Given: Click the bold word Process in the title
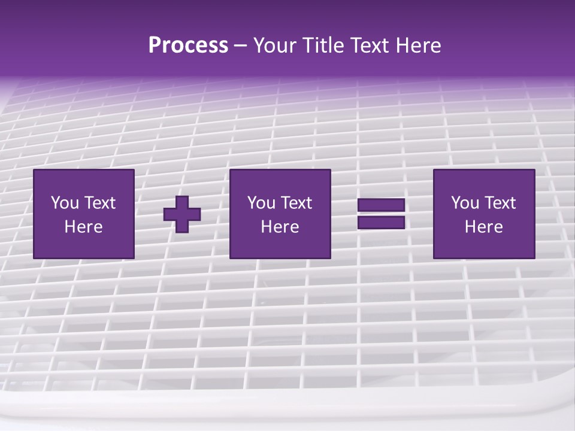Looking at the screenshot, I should point(188,45).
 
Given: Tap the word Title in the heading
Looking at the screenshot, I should point(322,45).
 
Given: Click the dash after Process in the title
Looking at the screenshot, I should point(241,47).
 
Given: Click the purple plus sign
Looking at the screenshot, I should point(182,214).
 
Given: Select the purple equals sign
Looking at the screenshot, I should point(381,214).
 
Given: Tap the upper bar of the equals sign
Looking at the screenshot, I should point(381,205).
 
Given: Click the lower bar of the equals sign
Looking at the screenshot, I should point(381,222).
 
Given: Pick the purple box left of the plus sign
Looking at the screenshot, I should point(83,214).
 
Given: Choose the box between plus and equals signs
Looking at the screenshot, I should point(280,214).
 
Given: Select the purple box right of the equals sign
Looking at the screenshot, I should point(483,214).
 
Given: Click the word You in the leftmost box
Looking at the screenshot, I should point(65,203).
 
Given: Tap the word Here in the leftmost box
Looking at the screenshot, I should point(83,227).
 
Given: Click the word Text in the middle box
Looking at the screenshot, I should point(296,203).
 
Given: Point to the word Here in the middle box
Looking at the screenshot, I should point(280,227).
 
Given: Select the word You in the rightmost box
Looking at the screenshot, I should point(465,203).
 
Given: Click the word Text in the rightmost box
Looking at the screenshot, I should point(500,203).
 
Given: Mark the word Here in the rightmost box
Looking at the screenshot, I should point(483,227).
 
